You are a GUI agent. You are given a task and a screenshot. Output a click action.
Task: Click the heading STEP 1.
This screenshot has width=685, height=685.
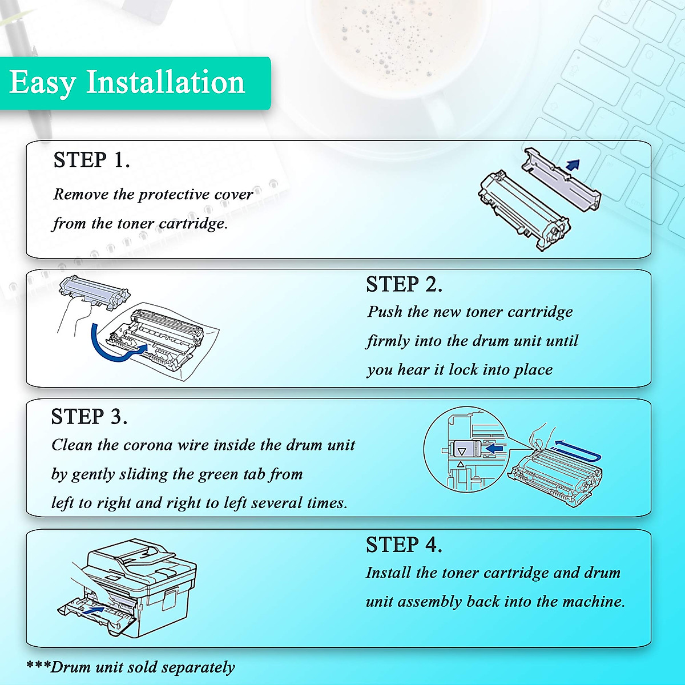point(91,160)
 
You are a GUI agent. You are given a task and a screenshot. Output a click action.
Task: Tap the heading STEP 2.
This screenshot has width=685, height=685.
point(404,284)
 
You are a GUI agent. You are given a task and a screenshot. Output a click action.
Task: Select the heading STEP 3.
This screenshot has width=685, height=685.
point(89,416)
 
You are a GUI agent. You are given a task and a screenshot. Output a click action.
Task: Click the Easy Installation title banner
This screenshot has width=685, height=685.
point(135,83)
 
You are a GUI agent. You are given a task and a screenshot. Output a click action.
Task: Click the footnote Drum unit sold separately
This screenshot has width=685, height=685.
point(142,667)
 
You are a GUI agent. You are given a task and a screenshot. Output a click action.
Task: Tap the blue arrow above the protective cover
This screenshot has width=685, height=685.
point(573,164)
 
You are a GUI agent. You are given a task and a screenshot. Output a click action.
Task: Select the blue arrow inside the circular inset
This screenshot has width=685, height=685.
point(494,448)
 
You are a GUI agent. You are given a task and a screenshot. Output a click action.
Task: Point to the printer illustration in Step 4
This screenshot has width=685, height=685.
point(127,589)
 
